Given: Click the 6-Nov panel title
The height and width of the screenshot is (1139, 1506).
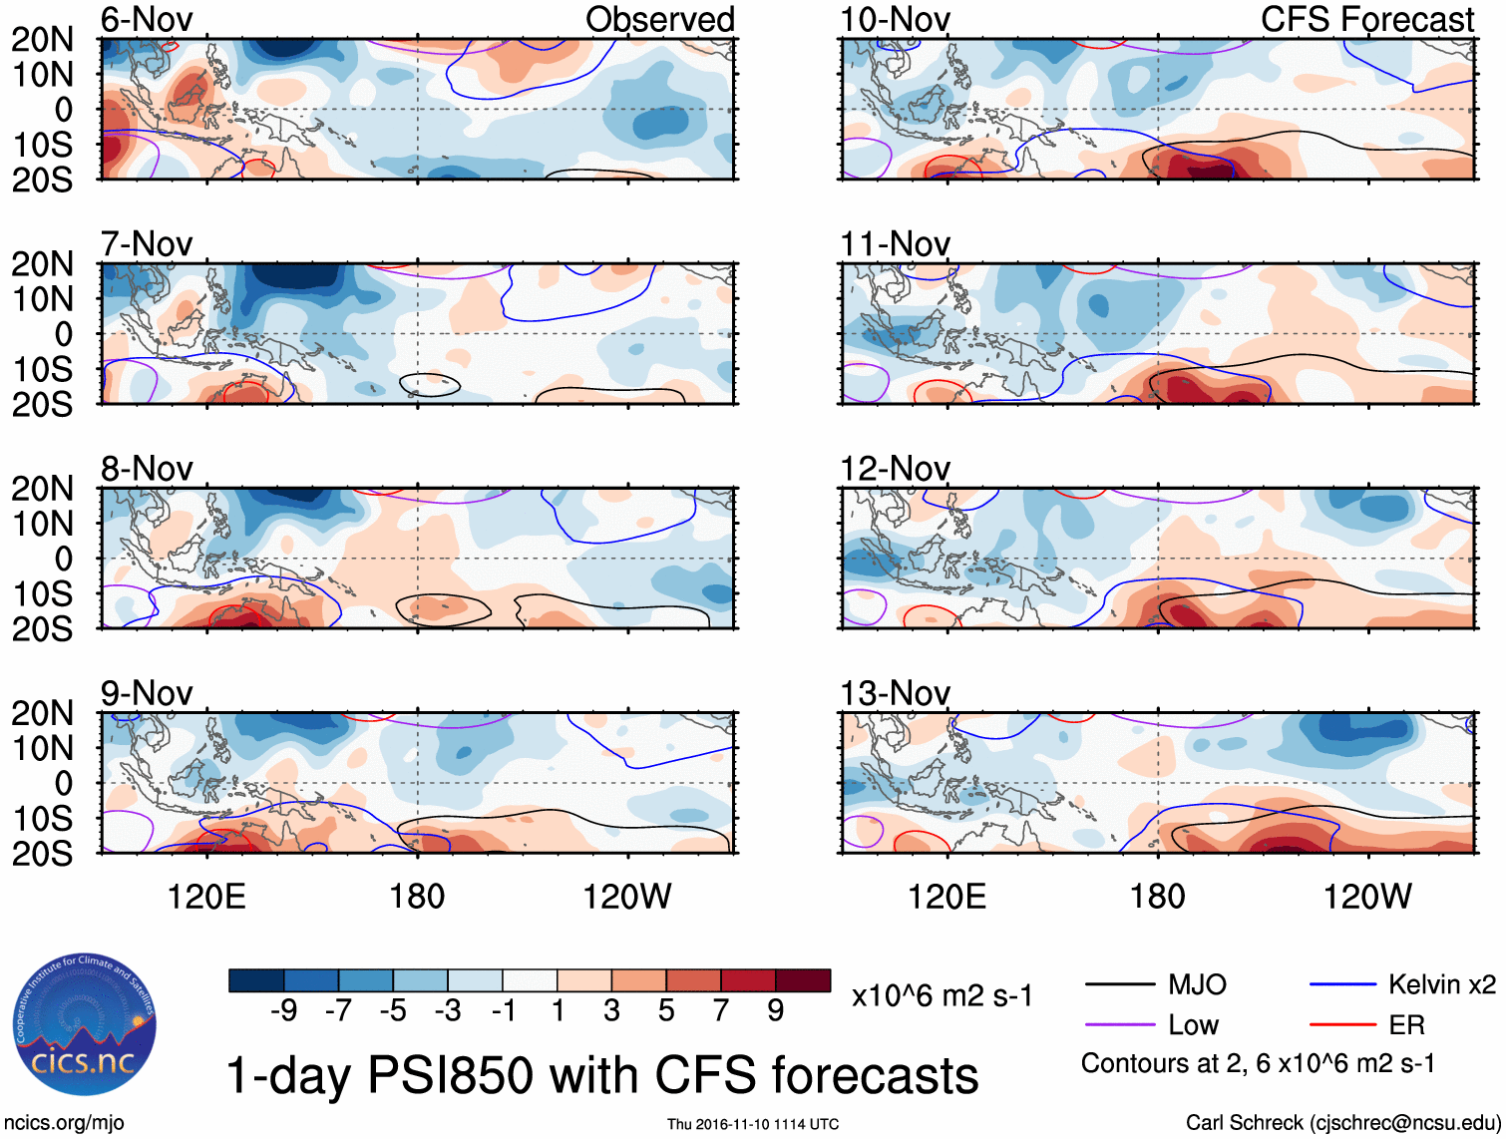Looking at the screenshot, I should pyautogui.click(x=147, y=20).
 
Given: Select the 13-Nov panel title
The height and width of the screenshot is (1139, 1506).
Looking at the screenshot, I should pyautogui.click(x=895, y=693).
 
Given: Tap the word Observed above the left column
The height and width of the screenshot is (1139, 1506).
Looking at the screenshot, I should pyautogui.click(x=659, y=20).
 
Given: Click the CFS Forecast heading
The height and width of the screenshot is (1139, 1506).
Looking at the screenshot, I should pyautogui.click(x=1366, y=20).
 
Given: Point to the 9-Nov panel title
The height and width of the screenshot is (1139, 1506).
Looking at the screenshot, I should pyautogui.click(x=147, y=693).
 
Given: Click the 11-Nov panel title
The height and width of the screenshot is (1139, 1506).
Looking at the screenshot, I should pyautogui.click(x=895, y=244).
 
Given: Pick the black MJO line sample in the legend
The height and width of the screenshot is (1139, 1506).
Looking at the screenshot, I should pyautogui.click(x=1119, y=985).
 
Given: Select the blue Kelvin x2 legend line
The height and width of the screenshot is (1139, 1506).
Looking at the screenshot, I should pyautogui.click(x=1342, y=985).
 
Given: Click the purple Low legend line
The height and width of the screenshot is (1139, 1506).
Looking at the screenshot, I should pyautogui.click(x=1119, y=1024).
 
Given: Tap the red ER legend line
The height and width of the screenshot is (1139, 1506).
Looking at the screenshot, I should pyautogui.click(x=1342, y=1024).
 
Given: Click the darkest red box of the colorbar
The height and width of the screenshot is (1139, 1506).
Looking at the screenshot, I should pyautogui.click(x=803, y=980).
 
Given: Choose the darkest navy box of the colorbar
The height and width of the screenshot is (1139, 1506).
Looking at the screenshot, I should pyautogui.click(x=256, y=980).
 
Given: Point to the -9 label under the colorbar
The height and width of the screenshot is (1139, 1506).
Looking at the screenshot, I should pyautogui.click(x=283, y=1011).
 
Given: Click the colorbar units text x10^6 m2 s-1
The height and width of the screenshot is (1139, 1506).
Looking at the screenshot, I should pyautogui.click(x=941, y=995).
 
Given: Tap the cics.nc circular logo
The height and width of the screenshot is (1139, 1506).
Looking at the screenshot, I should pyautogui.click(x=85, y=1024).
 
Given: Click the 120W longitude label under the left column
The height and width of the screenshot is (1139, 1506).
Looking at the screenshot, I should pyautogui.click(x=626, y=897).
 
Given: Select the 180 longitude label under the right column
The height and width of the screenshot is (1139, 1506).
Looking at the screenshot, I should pyautogui.click(x=1157, y=897).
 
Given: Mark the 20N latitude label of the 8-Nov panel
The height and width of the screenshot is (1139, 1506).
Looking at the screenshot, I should pyautogui.click(x=42, y=489).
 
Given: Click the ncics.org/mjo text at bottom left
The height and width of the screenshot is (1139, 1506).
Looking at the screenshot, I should pyautogui.click(x=63, y=1123).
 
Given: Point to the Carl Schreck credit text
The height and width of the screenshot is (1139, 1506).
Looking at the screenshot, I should pyautogui.click(x=1342, y=1123).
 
